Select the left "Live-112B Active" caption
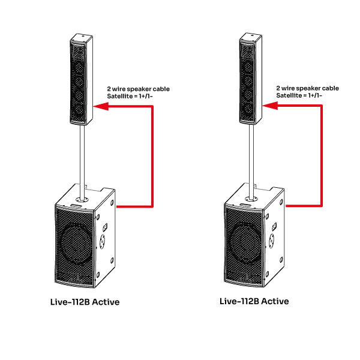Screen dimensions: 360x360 85,302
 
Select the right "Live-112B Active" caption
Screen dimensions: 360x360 254,301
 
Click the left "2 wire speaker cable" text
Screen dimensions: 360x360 138,89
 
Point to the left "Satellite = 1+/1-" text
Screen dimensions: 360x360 130,97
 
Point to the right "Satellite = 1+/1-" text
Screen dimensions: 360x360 299,95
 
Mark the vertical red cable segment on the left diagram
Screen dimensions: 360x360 152,156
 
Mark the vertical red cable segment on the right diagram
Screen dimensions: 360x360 321,155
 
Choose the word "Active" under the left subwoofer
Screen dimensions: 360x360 104,302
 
